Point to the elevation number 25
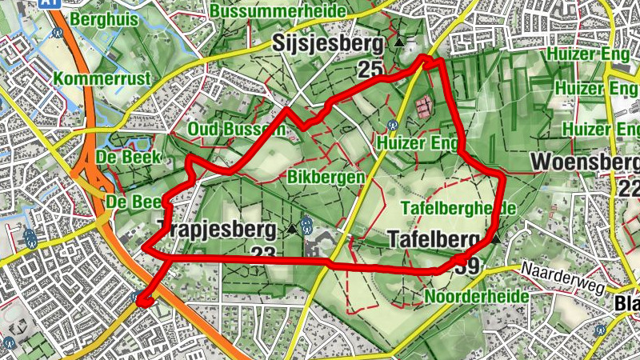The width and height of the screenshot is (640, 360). pos(370,70)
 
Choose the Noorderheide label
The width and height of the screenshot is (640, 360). pos(478,297)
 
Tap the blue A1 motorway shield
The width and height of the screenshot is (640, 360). pos(50,3)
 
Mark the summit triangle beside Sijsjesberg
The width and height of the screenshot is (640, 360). pos(398,42)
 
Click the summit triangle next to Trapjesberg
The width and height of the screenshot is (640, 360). pos(291,230)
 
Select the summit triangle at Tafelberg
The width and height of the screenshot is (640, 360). pos(496,238)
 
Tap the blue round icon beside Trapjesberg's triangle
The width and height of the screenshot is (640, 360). pos(306,226)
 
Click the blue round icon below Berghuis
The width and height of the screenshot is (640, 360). pos(58,34)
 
